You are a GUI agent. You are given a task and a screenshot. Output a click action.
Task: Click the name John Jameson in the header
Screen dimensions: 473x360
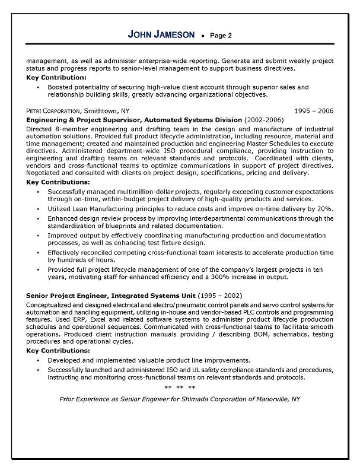(x=161, y=35)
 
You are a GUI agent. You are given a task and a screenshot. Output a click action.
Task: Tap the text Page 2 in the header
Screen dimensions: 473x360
(x=221, y=36)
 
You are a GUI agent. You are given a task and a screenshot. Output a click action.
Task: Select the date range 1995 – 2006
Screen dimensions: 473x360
(x=314, y=111)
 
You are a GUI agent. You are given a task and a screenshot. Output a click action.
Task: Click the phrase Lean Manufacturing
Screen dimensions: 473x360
(x=104, y=209)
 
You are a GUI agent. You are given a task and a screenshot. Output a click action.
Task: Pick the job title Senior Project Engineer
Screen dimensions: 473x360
(x=70, y=296)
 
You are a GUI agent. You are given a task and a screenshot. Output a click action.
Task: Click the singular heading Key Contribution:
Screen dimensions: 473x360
(x=56, y=78)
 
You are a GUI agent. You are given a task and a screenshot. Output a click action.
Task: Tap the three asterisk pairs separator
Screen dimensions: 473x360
(x=179, y=388)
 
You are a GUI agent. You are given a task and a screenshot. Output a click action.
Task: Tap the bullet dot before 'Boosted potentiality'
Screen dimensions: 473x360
(x=38, y=87)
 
